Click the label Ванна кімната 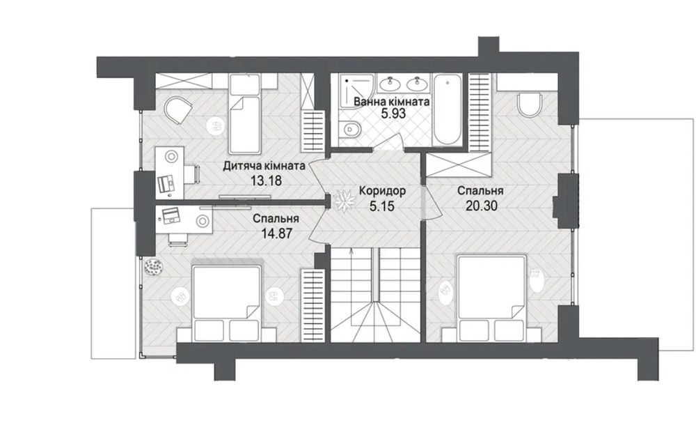391,102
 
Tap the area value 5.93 394,114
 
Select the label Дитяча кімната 264,167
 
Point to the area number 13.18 267,181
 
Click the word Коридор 382,192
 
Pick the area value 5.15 381,206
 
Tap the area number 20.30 481,206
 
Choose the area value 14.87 277,233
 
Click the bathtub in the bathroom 448,109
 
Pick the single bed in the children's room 244,114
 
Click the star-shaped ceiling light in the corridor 344,201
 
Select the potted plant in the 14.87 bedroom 154,268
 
